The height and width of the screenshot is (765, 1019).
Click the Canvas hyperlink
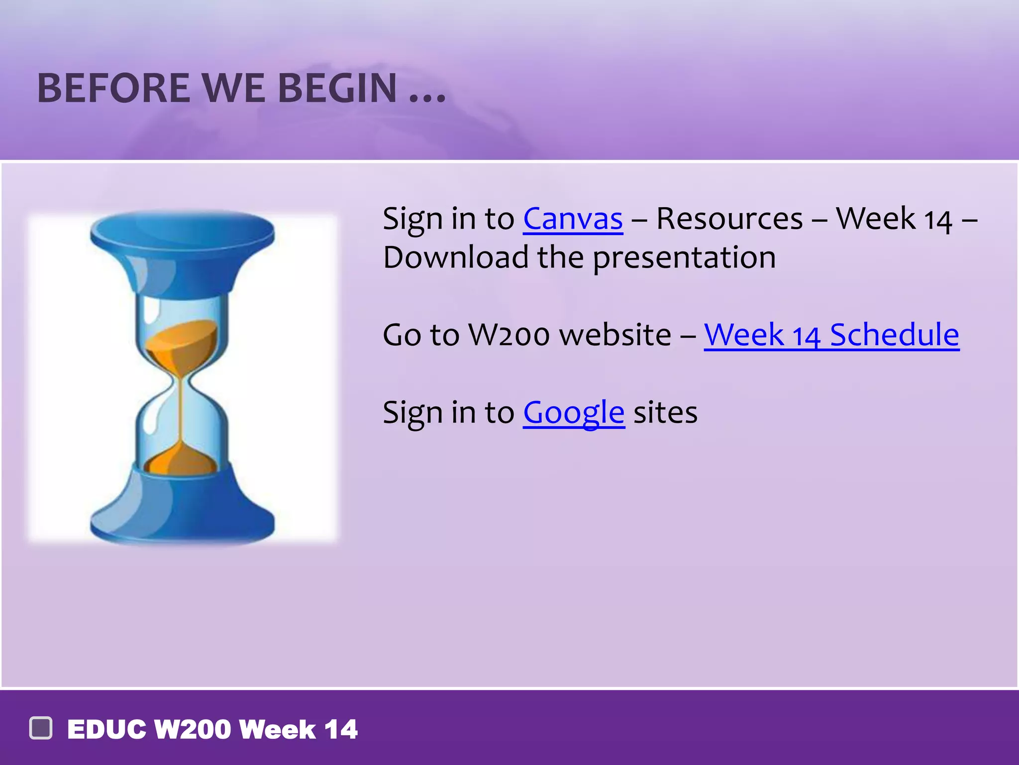pyautogui.click(x=572, y=219)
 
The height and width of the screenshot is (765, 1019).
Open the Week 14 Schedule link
pyautogui.click(x=831, y=335)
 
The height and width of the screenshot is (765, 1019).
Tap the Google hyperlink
pyautogui.click(x=573, y=412)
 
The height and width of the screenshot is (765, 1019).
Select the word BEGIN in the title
pyautogui.click(x=337, y=89)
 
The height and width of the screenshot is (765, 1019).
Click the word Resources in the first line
pyautogui.click(x=729, y=219)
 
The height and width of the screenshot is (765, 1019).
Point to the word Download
pyautogui.click(x=455, y=258)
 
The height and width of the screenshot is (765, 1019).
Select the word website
pyautogui.click(x=615, y=335)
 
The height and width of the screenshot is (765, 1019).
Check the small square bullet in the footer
pyautogui.click(x=41, y=728)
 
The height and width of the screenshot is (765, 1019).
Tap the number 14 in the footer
pyautogui.click(x=341, y=730)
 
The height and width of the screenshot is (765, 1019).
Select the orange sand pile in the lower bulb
pyautogui.click(x=182, y=461)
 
